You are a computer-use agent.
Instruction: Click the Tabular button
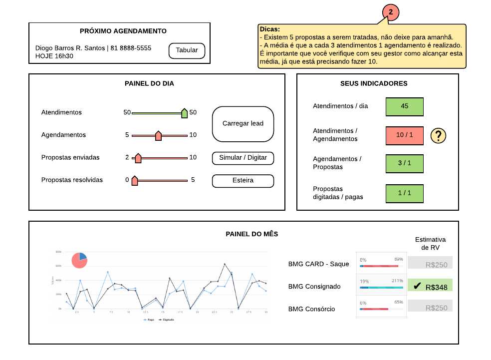click(x=187, y=50)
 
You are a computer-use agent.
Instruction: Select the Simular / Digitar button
click(x=243, y=158)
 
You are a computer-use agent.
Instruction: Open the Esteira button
click(x=243, y=181)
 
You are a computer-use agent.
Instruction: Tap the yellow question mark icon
click(x=438, y=135)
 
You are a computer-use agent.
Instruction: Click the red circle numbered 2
click(x=391, y=11)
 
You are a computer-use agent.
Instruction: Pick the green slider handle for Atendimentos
click(x=184, y=113)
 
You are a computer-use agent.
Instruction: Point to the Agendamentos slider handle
click(x=158, y=135)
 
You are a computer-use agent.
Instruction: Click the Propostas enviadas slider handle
click(x=138, y=158)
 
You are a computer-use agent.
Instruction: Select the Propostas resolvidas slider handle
click(x=134, y=180)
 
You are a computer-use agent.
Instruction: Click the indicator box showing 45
click(x=405, y=106)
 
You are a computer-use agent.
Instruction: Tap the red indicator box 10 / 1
click(x=405, y=135)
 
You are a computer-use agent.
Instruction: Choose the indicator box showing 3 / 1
click(x=405, y=163)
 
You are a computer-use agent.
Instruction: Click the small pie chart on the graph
click(x=79, y=260)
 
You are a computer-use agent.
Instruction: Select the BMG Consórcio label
click(x=312, y=309)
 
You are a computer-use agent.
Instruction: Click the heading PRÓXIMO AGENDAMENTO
click(x=123, y=31)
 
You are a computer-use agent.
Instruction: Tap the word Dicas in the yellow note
click(x=270, y=29)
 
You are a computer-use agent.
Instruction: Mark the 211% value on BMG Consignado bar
click(x=397, y=281)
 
